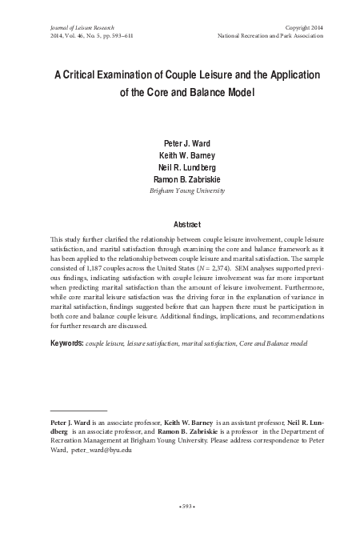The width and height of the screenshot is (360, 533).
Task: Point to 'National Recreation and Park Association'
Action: tap(270, 37)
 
